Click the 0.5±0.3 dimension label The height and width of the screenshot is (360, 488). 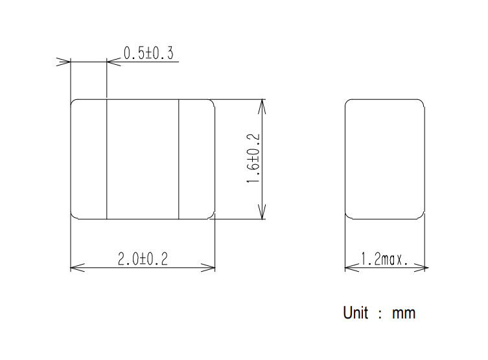click(x=148, y=53)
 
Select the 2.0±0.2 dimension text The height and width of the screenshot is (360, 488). click(x=143, y=259)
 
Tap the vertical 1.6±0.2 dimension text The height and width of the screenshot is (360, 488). click(x=253, y=158)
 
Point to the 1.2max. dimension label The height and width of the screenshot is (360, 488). click(x=384, y=259)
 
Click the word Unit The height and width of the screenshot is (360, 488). click(x=355, y=313)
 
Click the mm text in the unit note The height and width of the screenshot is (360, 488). click(x=404, y=314)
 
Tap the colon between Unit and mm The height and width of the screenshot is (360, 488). click(x=380, y=314)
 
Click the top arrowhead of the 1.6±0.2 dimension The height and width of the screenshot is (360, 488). click(x=262, y=106)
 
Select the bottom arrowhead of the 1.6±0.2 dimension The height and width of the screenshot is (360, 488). click(x=262, y=212)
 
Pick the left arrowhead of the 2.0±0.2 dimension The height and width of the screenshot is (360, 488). click(x=78, y=267)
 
